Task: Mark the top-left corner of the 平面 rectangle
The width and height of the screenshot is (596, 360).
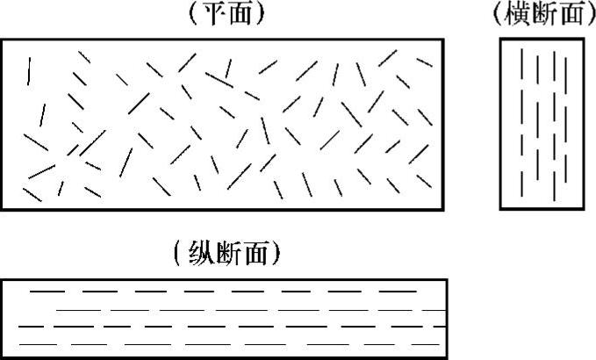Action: tap(2, 40)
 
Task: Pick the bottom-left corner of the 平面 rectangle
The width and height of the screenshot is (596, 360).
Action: tap(2, 209)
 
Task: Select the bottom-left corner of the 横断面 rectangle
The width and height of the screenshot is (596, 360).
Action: tap(501, 208)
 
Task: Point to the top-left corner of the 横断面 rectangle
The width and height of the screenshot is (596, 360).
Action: tap(501, 40)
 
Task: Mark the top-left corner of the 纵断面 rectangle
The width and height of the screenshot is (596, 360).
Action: tap(2, 280)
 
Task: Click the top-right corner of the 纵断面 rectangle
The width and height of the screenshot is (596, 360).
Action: tap(446, 280)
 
